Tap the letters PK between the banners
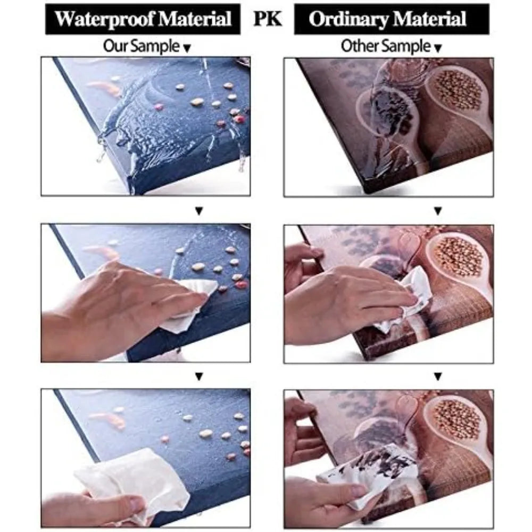tap(268, 19)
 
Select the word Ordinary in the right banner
tap(348, 20)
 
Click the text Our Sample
tap(141, 46)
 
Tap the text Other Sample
tap(386, 46)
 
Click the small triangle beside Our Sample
tap(187, 49)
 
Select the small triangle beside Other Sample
tap(438, 49)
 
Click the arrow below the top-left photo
tap(199, 211)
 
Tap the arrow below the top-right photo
tap(438, 211)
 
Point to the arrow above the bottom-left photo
tap(199, 376)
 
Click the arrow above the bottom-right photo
tap(438, 376)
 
